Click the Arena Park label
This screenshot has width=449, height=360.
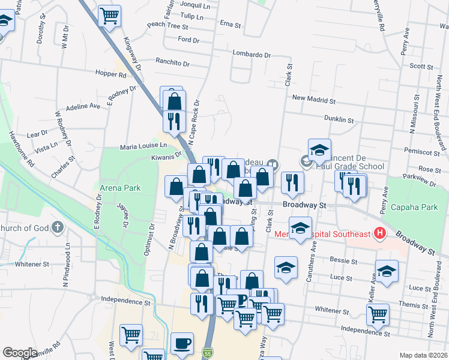pos(120,188)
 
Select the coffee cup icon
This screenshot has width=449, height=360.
pos(182,344)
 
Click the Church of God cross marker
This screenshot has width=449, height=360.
pos(57,227)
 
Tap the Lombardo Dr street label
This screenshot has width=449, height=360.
pos(251,54)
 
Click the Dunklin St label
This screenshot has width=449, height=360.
pos(336,119)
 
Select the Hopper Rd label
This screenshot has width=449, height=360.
pos(110,75)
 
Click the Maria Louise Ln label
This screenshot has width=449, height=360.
pos(143,145)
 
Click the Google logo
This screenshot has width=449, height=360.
pos(20,353)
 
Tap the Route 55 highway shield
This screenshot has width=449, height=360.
pos(208,352)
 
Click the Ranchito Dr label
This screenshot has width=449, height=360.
pos(172,62)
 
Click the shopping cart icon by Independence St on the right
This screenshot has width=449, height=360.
pos(378,313)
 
